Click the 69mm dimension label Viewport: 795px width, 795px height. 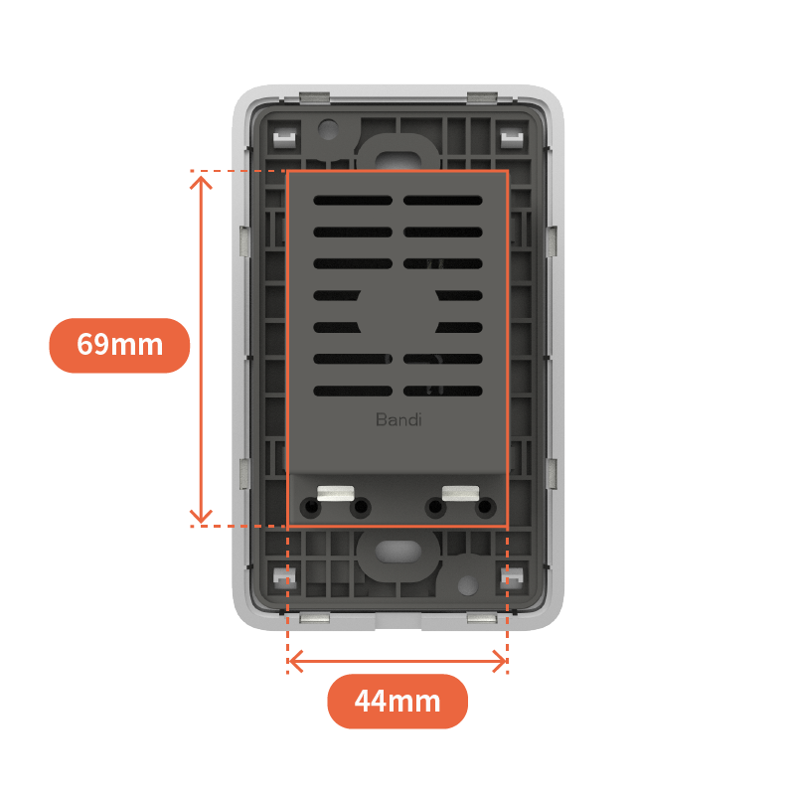(119, 345)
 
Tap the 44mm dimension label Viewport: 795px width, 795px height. (397, 702)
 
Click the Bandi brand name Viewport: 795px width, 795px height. (398, 419)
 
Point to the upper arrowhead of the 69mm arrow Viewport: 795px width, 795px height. (201, 181)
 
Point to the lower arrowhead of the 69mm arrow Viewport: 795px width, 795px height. (201, 517)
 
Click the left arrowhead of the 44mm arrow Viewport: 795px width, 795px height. (294, 661)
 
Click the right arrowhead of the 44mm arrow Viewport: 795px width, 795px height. (501, 661)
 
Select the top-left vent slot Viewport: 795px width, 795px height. (353, 201)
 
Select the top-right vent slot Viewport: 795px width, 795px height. (442, 201)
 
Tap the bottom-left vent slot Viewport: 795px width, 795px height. (353, 391)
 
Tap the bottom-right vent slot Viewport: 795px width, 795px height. (442, 391)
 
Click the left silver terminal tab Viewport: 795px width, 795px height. (335, 493)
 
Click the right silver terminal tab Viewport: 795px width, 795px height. (460, 493)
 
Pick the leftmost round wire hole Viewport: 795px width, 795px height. (310, 507)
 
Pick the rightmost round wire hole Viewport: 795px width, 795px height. (485, 507)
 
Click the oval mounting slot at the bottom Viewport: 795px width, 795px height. (398, 552)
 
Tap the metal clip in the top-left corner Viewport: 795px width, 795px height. (284, 138)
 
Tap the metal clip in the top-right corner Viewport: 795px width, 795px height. (512, 138)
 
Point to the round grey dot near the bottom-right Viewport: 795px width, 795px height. (467, 585)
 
